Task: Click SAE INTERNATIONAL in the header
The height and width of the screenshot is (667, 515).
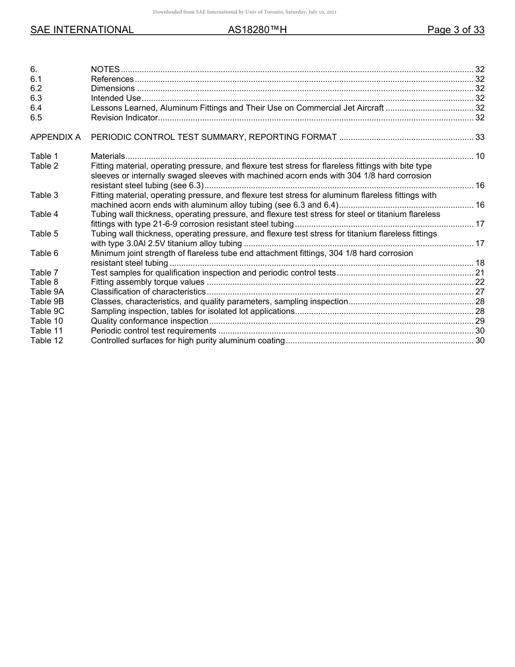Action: point(82,30)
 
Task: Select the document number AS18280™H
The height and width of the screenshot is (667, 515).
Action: point(257,30)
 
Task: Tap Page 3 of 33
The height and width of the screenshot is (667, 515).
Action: point(455,30)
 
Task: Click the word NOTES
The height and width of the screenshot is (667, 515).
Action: point(105,69)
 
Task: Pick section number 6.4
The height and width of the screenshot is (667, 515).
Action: point(36,108)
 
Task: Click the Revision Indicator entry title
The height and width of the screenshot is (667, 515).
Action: point(124,118)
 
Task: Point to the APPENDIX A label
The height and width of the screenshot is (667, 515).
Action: point(55,137)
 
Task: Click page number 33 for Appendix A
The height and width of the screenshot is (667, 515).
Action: point(479,137)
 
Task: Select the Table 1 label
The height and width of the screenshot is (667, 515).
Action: point(44,156)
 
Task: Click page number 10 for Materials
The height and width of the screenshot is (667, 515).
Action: point(479,156)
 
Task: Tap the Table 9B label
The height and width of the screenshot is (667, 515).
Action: point(47,302)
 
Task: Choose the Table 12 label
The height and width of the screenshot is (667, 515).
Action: point(47,341)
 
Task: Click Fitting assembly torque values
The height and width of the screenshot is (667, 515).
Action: point(147,282)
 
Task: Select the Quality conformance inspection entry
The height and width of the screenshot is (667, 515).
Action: point(150,321)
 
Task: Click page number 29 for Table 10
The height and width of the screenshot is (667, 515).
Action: point(479,321)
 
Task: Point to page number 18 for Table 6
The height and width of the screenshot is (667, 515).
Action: point(479,263)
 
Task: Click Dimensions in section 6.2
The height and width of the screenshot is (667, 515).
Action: point(113,88)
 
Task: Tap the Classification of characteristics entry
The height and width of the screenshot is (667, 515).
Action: point(148,292)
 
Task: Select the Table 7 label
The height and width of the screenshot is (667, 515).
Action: point(44,273)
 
